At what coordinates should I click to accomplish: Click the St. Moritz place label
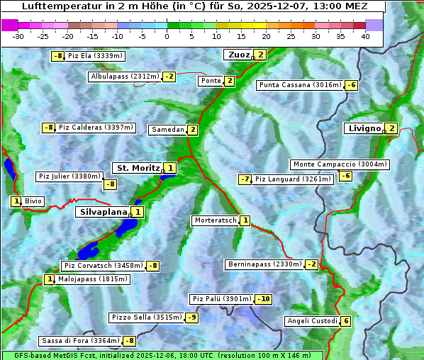pyautogui.click(x=138, y=168)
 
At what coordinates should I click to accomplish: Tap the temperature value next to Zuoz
pyautogui.click(x=260, y=55)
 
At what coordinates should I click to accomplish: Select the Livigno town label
pyautogui.click(x=364, y=128)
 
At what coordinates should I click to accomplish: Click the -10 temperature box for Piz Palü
pyautogui.click(x=263, y=299)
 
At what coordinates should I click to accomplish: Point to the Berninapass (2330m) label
pyautogui.click(x=264, y=264)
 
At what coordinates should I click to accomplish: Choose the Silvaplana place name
pyautogui.click(x=103, y=211)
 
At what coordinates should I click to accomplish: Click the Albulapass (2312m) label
pyautogui.click(x=125, y=77)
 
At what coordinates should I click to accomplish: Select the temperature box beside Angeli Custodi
pyautogui.click(x=345, y=321)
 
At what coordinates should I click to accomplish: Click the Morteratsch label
pyautogui.click(x=215, y=220)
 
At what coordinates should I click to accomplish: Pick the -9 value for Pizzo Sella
pyautogui.click(x=191, y=317)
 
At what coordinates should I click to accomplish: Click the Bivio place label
pyautogui.click(x=33, y=202)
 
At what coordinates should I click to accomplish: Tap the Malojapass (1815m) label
pyautogui.click(x=83, y=279)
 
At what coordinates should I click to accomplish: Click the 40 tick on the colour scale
pyautogui.click(x=365, y=36)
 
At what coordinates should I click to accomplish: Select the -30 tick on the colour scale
pyautogui.click(x=18, y=36)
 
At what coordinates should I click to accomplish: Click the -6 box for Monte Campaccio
pyautogui.click(x=345, y=176)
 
